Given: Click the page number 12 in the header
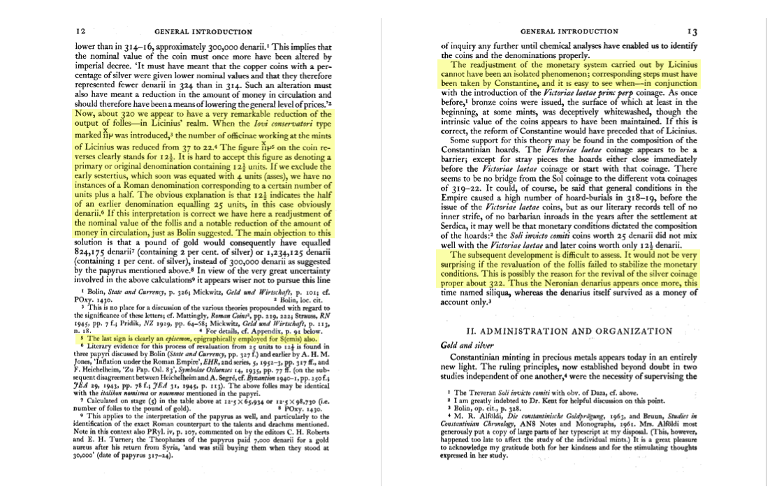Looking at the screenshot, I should [x=80, y=31].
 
